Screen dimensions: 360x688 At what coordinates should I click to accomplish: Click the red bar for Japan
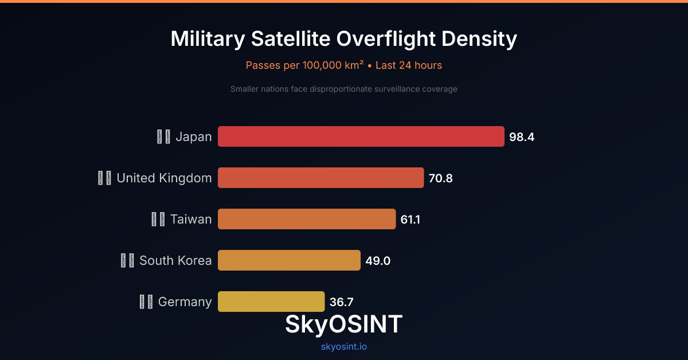pyautogui.click(x=361, y=136)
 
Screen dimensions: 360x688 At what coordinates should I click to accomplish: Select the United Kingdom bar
pyautogui.click(x=321, y=178)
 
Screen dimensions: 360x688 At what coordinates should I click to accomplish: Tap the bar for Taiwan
pyautogui.click(x=307, y=219)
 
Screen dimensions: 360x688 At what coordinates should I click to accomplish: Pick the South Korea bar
pyautogui.click(x=289, y=260)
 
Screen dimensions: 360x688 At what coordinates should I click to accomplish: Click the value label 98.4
pyautogui.click(x=522, y=137)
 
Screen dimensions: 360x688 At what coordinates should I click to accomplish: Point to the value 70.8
pyautogui.click(x=441, y=178)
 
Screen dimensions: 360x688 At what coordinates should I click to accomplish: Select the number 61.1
pyautogui.click(x=411, y=220)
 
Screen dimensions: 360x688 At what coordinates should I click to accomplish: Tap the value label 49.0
pyautogui.click(x=378, y=261)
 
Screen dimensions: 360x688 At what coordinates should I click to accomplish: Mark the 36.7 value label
pyautogui.click(x=342, y=302)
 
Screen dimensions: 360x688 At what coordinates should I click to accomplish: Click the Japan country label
pyautogui.click(x=193, y=137)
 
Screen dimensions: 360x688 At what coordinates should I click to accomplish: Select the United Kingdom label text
pyautogui.click(x=164, y=178)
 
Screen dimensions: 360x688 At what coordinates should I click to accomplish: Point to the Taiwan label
pyautogui.click(x=191, y=220)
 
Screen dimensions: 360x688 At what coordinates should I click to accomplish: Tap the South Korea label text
pyautogui.click(x=175, y=261)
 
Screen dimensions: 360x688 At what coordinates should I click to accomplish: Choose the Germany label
pyautogui.click(x=185, y=302)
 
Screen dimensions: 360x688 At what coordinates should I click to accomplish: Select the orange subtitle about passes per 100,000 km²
pyautogui.click(x=344, y=65)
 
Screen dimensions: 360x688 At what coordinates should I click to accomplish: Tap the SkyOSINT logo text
pyautogui.click(x=344, y=324)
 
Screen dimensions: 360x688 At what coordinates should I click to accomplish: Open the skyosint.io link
pyautogui.click(x=344, y=347)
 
